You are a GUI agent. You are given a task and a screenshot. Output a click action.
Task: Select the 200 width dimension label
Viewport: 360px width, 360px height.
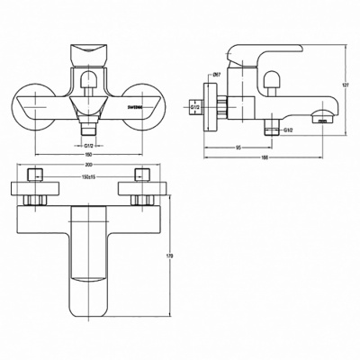[x=87, y=167]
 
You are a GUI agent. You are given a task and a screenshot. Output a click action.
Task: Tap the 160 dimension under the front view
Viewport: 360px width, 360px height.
[x=87, y=153]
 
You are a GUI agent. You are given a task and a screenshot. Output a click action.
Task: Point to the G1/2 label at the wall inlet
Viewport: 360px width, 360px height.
[x=195, y=108]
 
